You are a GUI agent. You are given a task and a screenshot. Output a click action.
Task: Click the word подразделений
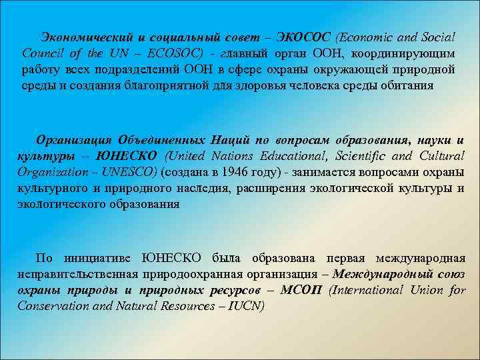153,69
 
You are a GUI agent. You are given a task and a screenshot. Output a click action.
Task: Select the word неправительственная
77,274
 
